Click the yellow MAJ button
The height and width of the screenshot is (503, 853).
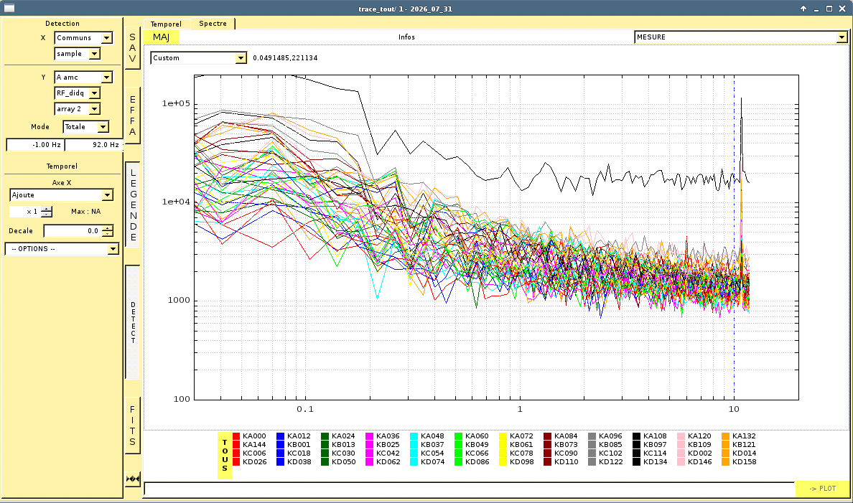(x=161, y=37)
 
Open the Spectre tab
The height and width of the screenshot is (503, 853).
(x=213, y=24)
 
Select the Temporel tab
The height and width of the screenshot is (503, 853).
(x=166, y=24)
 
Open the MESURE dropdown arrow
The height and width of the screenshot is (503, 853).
(x=842, y=37)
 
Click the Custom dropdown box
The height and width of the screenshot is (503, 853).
(x=199, y=57)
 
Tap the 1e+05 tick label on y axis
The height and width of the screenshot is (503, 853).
(x=176, y=103)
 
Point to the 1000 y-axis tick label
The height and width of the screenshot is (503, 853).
(x=179, y=300)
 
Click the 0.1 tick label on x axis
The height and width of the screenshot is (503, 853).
(x=305, y=409)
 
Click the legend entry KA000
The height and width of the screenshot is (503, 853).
(x=249, y=436)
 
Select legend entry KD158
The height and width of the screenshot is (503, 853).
(x=739, y=461)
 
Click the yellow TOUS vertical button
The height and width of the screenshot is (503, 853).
(x=225, y=455)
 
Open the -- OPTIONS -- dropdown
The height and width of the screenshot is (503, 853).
(x=62, y=248)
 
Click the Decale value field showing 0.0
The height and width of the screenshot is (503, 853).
(x=73, y=230)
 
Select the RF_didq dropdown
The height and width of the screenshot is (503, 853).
(x=78, y=93)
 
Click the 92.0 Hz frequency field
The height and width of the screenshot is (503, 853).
(x=94, y=145)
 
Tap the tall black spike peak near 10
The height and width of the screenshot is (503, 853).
(x=741, y=98)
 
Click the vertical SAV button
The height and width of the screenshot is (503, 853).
(x=132, y=48)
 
